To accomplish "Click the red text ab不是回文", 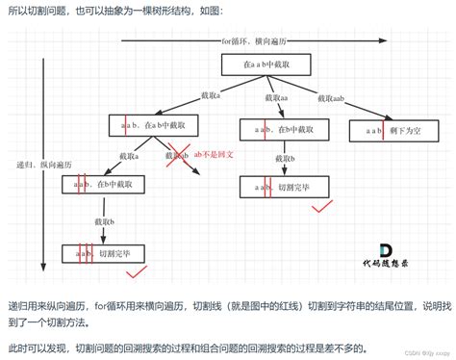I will (x=213, y=154).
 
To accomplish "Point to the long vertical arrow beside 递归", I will (x=43, y=164).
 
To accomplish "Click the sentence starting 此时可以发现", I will (x=192, y=346).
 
